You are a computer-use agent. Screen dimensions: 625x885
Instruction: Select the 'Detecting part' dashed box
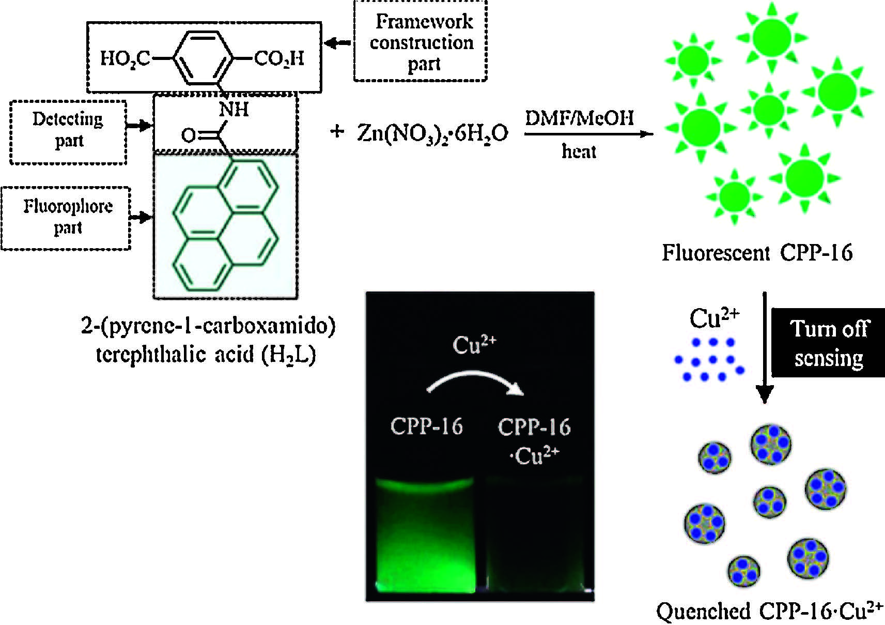(x=68, y=132)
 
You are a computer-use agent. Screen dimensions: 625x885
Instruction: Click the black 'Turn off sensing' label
(x=828, y=343)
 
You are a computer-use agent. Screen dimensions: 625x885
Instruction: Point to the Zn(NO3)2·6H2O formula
(x=433, y=134)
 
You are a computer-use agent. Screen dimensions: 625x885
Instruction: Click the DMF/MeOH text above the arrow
(x=579, y=119)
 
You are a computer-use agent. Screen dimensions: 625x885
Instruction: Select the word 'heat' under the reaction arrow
(x=579, y=151)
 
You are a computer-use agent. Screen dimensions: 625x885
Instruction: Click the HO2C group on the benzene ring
(x=125, y=58)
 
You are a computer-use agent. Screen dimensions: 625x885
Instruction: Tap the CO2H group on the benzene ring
(x=279, y=58)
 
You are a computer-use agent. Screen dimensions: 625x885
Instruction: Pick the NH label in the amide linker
(x=234, y=110)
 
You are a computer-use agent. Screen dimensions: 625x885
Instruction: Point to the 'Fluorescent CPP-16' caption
(x=757, y=253)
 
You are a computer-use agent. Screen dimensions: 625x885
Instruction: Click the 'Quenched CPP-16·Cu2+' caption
(x=770, y=612)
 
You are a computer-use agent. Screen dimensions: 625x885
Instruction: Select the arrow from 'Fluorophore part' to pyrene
(x=141, y=217)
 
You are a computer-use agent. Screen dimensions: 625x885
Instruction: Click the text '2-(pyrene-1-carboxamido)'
(x=208, y=327)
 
